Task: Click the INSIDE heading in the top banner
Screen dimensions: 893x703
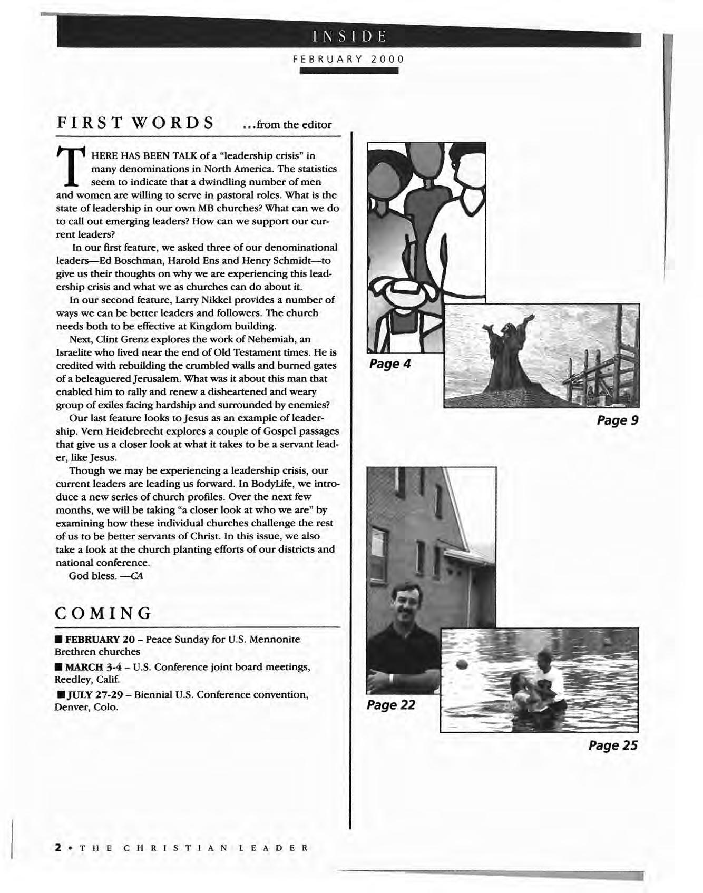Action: tap(349, 36)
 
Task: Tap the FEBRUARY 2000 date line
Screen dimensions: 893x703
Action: tap(348, 59)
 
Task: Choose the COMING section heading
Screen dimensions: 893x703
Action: tap(104, 613)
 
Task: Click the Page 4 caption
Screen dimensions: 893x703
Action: tap(389, 364)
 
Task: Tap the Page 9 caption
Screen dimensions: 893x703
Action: tap(617, 420)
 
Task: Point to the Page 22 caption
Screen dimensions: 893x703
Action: tap(390, 704)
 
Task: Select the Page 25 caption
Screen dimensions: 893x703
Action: tap(613, 745)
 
